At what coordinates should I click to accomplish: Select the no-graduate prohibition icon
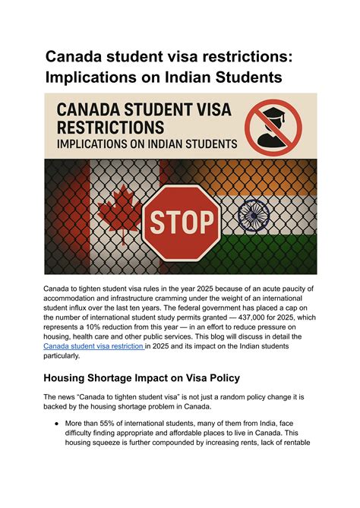(275, 123)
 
